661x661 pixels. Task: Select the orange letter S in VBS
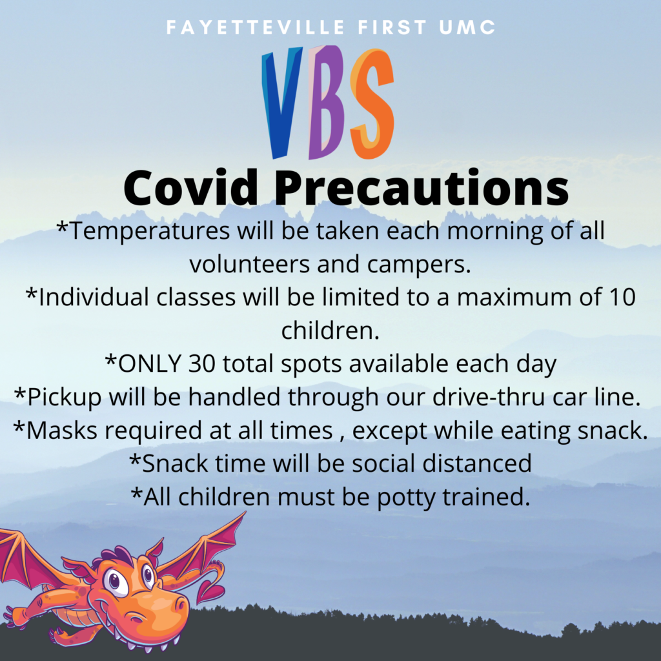pos(372,104)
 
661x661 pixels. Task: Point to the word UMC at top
pos(467,27)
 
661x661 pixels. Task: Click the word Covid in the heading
pos(191,188)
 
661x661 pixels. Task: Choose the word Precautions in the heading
pos(422,188)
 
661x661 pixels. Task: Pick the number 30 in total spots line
pos(201,363)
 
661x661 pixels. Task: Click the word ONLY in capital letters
pos(150,363)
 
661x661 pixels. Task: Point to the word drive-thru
pos(489,397)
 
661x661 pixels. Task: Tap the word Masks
pos(61,431)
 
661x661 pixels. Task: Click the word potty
pos(406,498)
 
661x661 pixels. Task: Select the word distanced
pos(477,463)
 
